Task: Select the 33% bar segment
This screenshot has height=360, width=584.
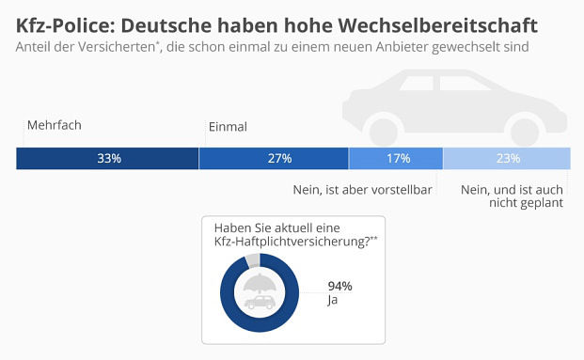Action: (108, 158)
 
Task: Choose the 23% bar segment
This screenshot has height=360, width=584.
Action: (508, 158)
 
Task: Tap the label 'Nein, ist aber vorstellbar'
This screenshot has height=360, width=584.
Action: (362, 190)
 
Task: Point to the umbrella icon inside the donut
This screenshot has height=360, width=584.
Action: (259, 285)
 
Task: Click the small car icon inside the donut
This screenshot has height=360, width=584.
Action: (259, 301)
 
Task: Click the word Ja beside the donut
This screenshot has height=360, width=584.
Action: (332, 300)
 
